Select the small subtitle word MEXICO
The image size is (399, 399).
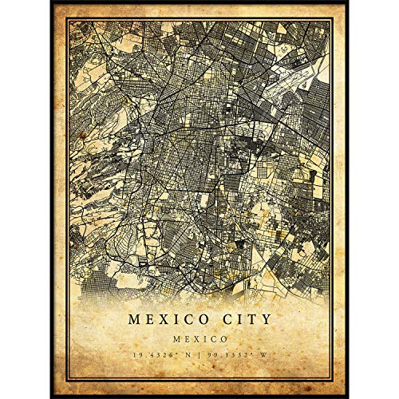tap(199, 339)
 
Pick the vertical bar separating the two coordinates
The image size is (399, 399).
tap(199, 357)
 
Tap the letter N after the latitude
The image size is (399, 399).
tap(189, 357)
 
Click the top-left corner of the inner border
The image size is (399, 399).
tap(69, 21)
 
